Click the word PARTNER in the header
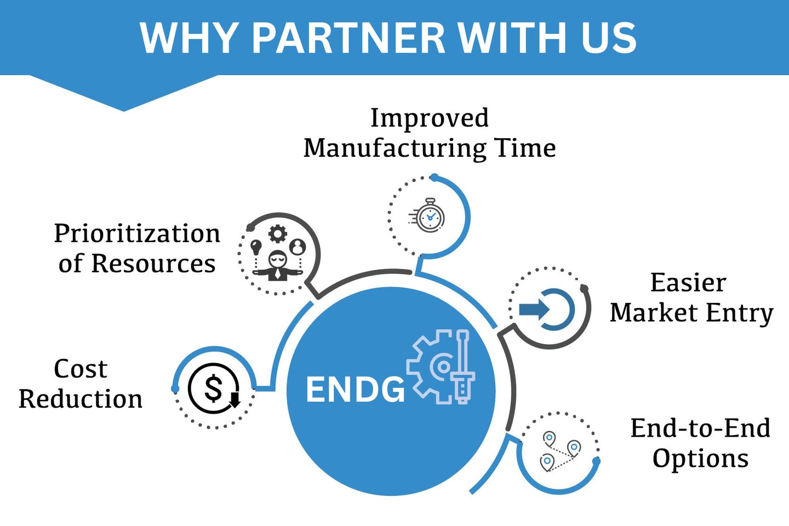coord(348,38)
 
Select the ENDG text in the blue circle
coord(355,390)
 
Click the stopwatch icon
coord(429,216)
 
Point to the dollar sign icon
coord(213,388)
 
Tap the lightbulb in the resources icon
coord(255,246)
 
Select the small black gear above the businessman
coord(277,234)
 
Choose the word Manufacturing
coord(395,148)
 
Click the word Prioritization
coord(137,233)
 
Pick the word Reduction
coord(81,399)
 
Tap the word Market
coord(654,313)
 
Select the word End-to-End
coord(700,428)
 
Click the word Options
coord(700,458)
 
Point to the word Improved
coord(430,118)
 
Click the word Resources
coord(153,264)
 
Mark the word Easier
coord(688,283)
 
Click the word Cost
coord(81,369)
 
